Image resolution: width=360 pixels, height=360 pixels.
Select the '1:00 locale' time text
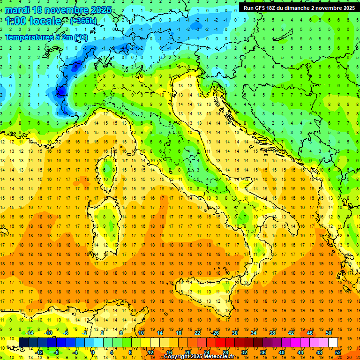(33, 21)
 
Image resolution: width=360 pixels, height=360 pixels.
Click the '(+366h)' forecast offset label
(84, 21)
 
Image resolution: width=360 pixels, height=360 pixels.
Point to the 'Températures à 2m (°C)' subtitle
(46, 37)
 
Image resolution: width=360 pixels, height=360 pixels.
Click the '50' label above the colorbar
(328, 332)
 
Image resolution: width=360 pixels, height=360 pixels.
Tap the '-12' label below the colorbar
(39, 352)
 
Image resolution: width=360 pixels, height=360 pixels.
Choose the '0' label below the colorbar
(93, 352)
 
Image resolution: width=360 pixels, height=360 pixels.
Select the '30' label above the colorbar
(234, 332)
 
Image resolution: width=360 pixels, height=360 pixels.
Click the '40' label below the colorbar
(282, 352)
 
